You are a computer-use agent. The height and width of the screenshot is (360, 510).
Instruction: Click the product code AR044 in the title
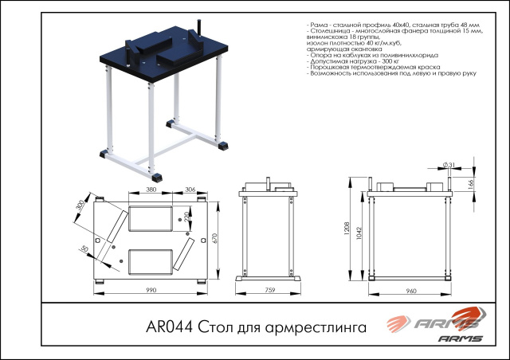[x=167, y=327]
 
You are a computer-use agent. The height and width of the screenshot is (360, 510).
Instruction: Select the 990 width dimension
[x=152, y=291]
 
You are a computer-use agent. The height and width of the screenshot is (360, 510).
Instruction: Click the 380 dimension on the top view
[x=151, y=190]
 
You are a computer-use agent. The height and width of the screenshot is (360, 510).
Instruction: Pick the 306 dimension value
[x=190, y=190]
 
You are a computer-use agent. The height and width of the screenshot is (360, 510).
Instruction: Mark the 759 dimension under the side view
[x=269, y=291]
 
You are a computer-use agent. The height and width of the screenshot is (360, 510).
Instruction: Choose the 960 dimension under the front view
[x=411, y=291]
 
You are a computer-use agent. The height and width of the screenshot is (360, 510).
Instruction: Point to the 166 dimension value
[x=472, y=185]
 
